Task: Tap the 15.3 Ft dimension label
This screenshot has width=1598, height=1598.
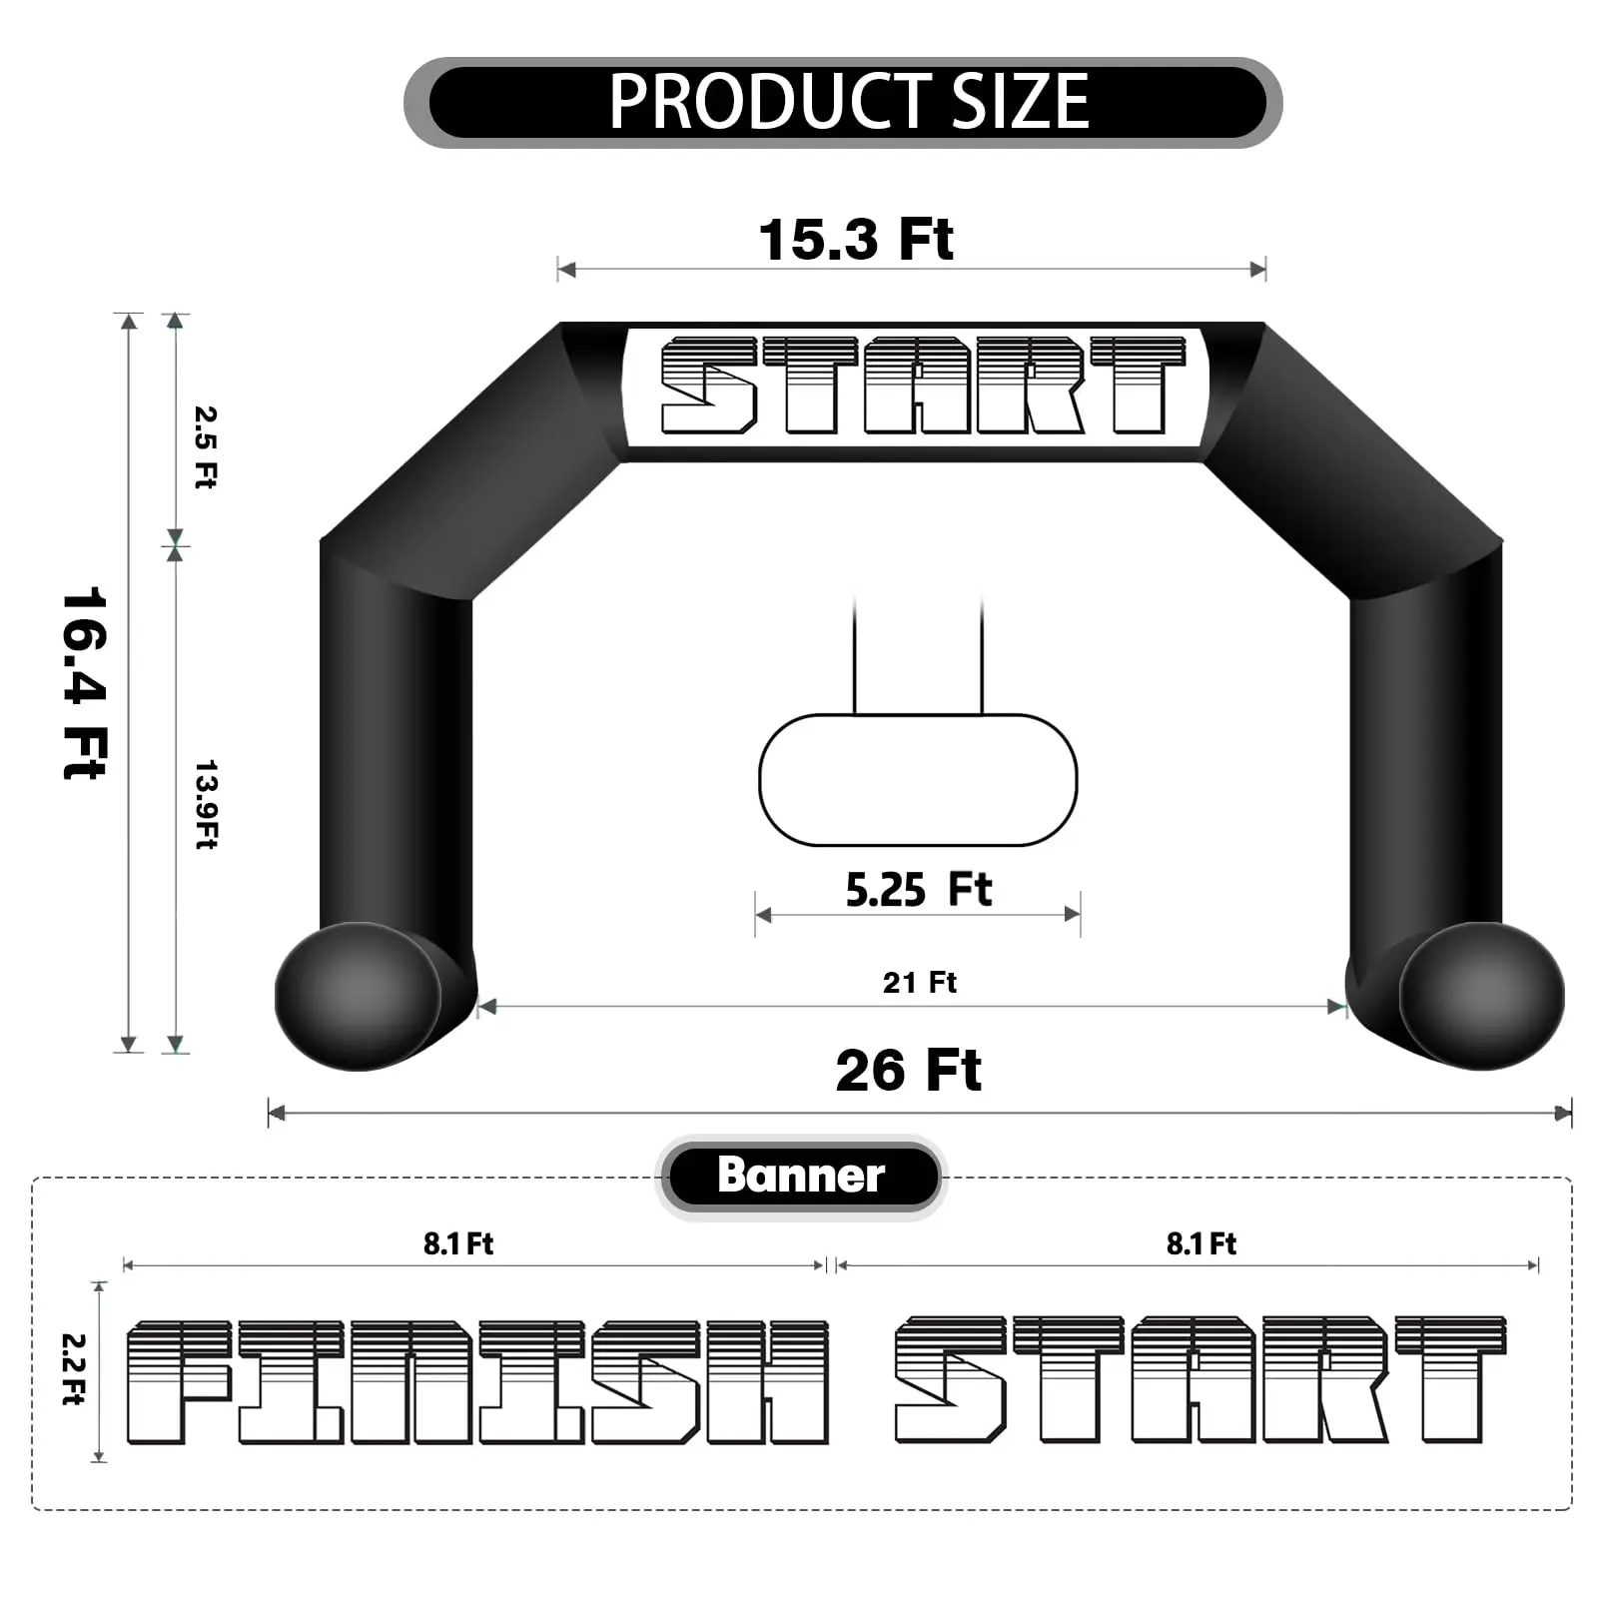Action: pyautogui.click(x=856, y=240)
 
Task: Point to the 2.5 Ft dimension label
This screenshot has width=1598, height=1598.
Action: pyautogui.click(x=206, y=446)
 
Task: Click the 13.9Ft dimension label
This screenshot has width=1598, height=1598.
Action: pyautogui.click(x=206, y=804)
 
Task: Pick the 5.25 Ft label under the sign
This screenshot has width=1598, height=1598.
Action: pyautogui.click(x=918, y=889)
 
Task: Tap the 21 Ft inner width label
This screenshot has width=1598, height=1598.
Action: pyautogui.click(x=919, y=983)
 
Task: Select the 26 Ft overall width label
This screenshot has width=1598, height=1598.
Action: pyautogui.click(x=908, y=1071)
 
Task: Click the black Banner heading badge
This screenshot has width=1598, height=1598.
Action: pyautogui.click(x=801, y=1176)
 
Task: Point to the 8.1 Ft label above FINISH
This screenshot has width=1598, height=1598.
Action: pyautogui.click(x=458, y=1243)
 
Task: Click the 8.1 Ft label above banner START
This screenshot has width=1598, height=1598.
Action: pyautogui.click(x=1201, y=1243)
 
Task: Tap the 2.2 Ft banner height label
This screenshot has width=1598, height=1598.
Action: pyautogui.click(x=74, y=1369)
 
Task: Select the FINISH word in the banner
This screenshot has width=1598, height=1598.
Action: pyautogui.click(x=477, y=1382)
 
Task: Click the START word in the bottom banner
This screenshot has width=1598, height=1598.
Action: pyautogui.click(x=1198, y=1379)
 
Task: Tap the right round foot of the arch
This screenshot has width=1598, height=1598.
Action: pyautogui.click(x=1483, y=996)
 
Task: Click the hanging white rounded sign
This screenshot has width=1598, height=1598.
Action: pyautogui.click(x=918, y=780)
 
